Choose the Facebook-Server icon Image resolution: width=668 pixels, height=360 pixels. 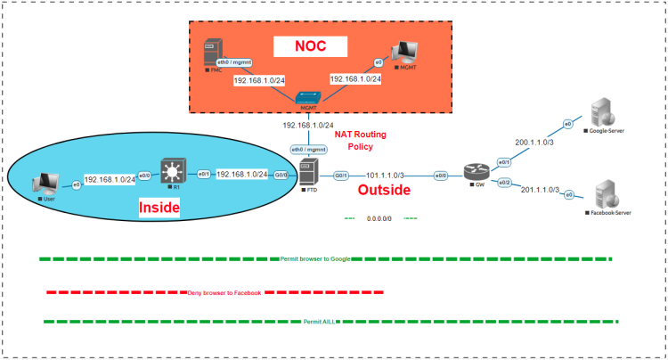(x=605, y=193)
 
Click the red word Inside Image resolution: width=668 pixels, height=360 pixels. (x=160, y=208)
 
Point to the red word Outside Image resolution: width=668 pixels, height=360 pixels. (x=384, y=190)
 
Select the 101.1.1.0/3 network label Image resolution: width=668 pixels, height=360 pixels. (x=385, y=176)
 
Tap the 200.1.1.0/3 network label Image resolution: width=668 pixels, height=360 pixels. (x=534, y=141)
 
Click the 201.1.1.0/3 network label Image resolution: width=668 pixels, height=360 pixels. (x=539, y=190)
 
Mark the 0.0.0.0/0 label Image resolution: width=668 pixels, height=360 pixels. (x=381, y=217)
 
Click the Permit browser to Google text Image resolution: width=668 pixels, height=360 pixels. (x=314, y=258)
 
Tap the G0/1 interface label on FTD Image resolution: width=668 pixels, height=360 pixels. (x=340, y=176)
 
